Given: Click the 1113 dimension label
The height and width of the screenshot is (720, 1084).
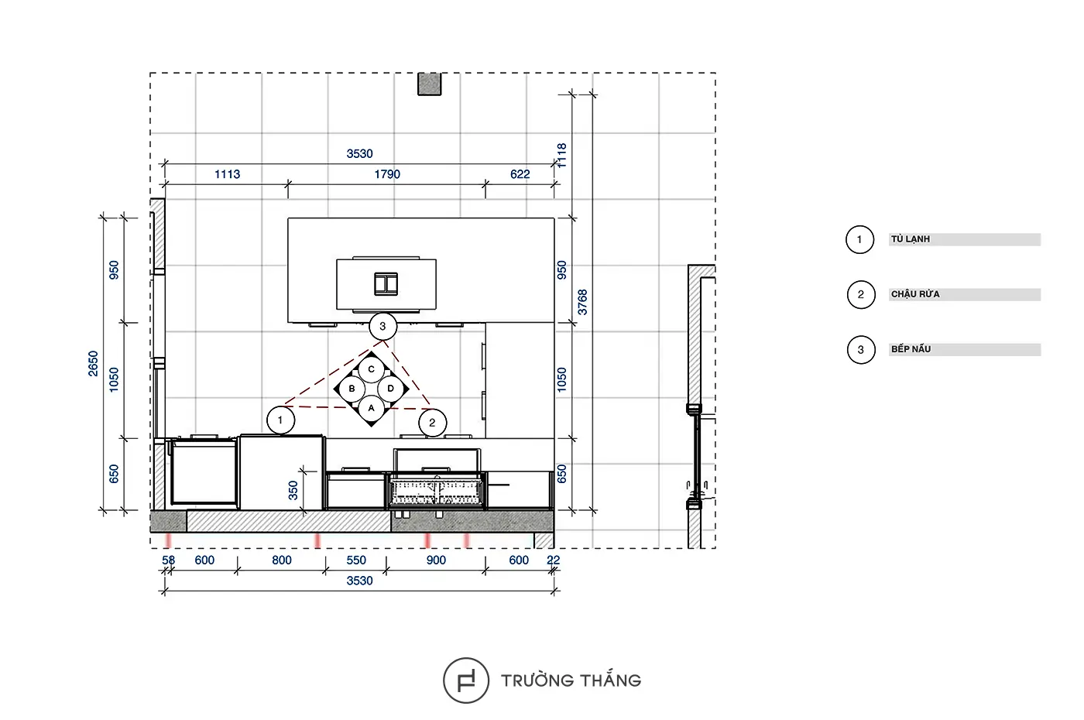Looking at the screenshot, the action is click(x=227, y=174).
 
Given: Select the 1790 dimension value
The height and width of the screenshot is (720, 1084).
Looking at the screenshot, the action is click(x=387, y=174).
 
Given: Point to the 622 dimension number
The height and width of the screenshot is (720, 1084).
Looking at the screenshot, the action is click(x=520, y=174).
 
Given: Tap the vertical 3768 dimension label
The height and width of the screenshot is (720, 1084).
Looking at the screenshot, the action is click(x=582, y=302).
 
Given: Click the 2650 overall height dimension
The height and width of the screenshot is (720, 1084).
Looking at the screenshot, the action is click(x=93, y=363).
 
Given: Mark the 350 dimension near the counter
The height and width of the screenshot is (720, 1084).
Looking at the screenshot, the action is click(x=293, y=490).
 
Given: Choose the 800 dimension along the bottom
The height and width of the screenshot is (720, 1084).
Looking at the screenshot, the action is click(x=282, y=561).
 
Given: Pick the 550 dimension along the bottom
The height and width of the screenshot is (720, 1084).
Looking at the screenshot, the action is click(x=356, y=561).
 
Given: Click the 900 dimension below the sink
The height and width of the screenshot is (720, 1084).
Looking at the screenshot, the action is click(x=436, y=561).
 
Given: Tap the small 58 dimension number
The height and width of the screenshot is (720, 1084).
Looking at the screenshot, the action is click(x=168, y=561).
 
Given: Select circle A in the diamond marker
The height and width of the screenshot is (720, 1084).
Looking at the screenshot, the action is click(x=371, y=408).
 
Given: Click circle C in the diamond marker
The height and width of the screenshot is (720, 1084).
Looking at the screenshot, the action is click(x=371, y=369).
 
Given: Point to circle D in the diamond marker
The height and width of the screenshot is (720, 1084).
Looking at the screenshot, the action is click(x=390, y=389).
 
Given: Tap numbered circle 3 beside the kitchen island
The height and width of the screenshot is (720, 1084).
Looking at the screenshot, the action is click(x=382, y=326).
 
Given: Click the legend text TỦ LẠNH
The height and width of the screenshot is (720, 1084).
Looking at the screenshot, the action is click(x=911, y=239).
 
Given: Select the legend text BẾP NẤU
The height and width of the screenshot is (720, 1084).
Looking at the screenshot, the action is click(x=911, y=349).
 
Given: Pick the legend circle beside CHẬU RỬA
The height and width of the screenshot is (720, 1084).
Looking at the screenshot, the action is click(x=861, y=295).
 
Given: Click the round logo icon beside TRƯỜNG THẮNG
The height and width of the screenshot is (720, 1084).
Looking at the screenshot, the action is click(x=466, y=681).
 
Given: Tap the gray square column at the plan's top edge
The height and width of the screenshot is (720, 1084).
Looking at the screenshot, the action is click(x=429, y=84).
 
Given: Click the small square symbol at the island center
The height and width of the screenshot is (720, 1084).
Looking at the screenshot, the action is click(x=386, y=284).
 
